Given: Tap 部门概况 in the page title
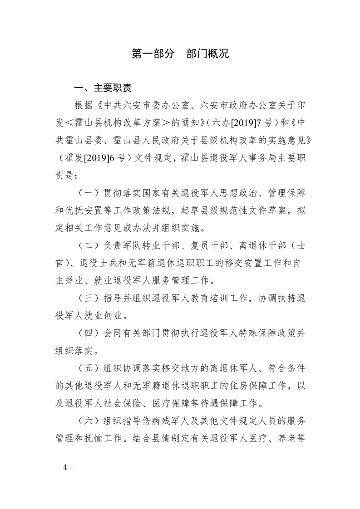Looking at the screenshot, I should click(x=207, y=54).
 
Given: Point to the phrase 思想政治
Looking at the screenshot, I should click(x=220, y=193).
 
